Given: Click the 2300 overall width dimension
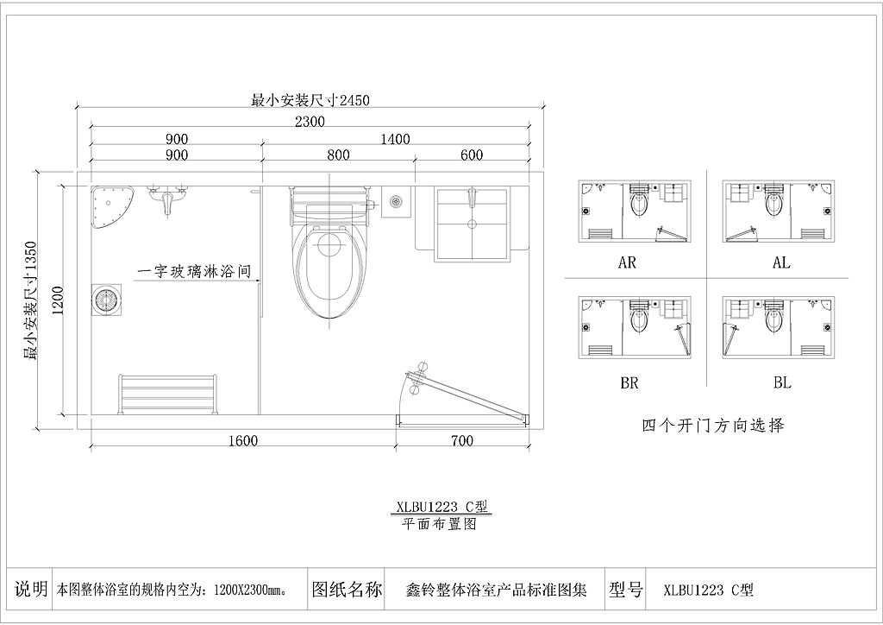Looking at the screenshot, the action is (310, 121).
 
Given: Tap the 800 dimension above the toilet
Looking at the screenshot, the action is (338, 155).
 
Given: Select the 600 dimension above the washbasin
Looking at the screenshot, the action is (472, 155).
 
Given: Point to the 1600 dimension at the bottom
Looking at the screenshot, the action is (242, 441).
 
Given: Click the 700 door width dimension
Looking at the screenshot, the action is (462, 441).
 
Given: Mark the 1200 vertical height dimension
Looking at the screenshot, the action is (59, 300).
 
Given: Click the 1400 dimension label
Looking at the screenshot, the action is (395, 139).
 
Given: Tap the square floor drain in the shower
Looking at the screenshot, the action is (106, 300).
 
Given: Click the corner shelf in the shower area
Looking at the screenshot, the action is (111, 206).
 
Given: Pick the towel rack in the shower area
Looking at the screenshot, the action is (168, 394).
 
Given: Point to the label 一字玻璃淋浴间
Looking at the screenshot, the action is (194, 272).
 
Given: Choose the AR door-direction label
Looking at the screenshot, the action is (627, 262).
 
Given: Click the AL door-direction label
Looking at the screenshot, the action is (781, 262).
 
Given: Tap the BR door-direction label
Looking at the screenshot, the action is (629, 383).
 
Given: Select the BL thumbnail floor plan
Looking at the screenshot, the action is (779, 328).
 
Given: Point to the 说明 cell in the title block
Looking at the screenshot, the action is (30, 590).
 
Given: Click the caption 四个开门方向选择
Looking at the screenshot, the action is (713, 425).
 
